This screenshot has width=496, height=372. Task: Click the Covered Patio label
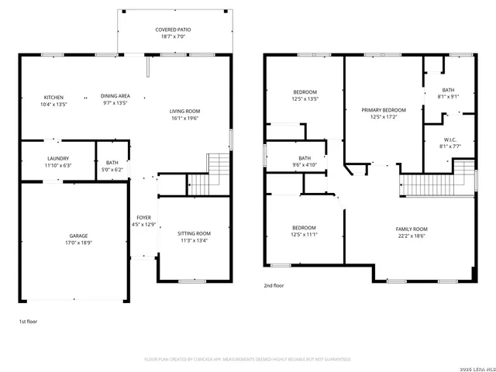174,29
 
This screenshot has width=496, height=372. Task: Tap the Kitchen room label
53,96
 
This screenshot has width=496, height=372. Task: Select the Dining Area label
115,96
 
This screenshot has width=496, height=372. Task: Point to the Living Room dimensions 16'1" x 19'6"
184,118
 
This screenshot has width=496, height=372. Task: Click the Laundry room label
58,158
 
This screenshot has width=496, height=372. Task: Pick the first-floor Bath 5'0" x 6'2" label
112,163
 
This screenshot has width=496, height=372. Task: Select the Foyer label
144,218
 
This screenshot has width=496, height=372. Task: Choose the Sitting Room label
194,233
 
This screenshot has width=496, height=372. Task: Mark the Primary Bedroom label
384,110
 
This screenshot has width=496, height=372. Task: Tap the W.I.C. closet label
448,139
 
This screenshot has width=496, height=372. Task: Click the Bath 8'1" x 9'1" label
448,90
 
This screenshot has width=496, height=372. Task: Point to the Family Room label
412,229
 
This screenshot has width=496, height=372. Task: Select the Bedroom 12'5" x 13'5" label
305,92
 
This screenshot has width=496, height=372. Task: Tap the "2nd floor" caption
274,285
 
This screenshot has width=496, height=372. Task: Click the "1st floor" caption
28,320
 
